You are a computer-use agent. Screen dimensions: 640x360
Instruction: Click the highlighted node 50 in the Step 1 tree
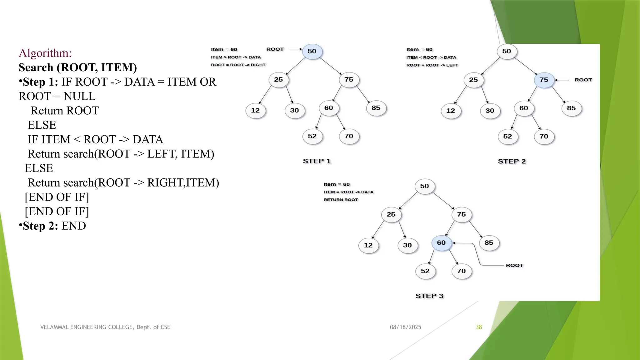click(312, 51)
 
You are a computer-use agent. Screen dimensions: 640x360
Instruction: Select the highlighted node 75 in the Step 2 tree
click(544, 80)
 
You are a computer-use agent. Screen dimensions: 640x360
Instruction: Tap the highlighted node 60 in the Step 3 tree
click(441, 243)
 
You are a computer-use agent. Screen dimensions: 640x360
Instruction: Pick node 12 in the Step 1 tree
click(255, 111)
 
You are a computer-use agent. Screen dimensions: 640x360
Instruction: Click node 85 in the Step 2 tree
click(571, 108)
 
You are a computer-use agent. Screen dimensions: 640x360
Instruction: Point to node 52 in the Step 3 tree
click(425, 271)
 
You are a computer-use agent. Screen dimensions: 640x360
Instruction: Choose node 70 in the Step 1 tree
click(349, 136)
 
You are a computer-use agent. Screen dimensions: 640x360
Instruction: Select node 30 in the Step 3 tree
click(407, 245)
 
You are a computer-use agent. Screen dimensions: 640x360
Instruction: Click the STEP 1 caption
click(317, 161)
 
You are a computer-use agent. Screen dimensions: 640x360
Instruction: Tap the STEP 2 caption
click(512, 162)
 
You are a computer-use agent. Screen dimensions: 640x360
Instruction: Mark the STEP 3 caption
click(429, 296)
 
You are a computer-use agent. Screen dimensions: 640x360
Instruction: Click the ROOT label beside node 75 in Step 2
click(583, 80)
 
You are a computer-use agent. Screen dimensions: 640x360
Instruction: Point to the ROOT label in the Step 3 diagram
click(514, 265)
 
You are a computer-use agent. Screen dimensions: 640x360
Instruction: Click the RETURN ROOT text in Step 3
click(341, 200)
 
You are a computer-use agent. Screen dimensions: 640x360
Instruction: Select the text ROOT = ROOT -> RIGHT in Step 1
click(238, 65)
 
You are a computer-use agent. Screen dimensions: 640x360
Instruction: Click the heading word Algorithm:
click(45, 53)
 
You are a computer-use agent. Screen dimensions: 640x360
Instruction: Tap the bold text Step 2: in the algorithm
click(40, 226)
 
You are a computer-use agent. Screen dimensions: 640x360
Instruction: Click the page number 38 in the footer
click(479, 327)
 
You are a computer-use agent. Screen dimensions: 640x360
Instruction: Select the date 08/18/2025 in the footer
click(405, 327)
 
